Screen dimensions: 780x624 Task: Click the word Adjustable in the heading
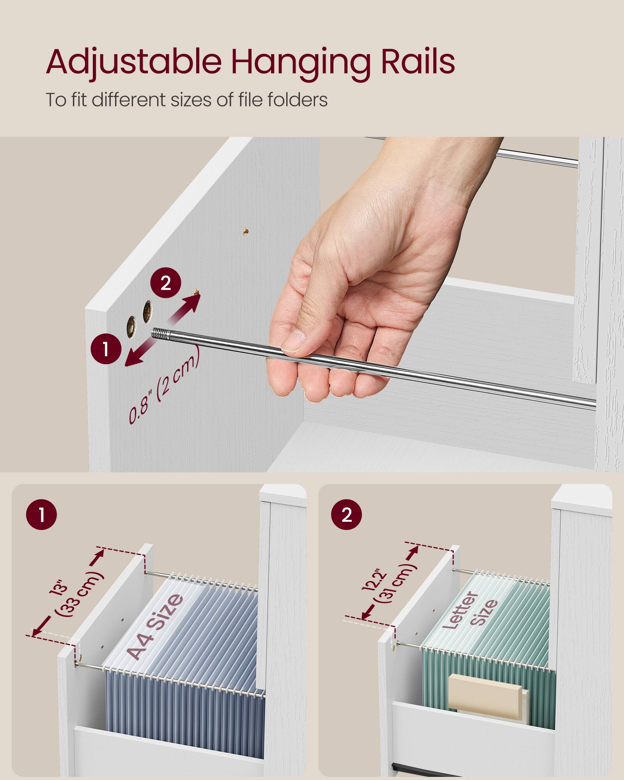click(x=133, y=62)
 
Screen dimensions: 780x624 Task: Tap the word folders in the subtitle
click(x=297, y=100)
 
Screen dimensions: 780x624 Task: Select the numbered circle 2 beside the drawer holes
click(x=166, y=283)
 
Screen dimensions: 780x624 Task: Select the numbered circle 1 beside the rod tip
click(x=106, y=349)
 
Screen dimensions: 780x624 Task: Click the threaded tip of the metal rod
click(x=160, y=333)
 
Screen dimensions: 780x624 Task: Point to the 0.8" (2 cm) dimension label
click(x=164, y=386)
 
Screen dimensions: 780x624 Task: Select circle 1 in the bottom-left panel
click(x=41, y=514)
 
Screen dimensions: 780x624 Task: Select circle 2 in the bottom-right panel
click(x=346, y=514)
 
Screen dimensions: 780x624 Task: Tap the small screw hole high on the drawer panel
click(x=246, y=231)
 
